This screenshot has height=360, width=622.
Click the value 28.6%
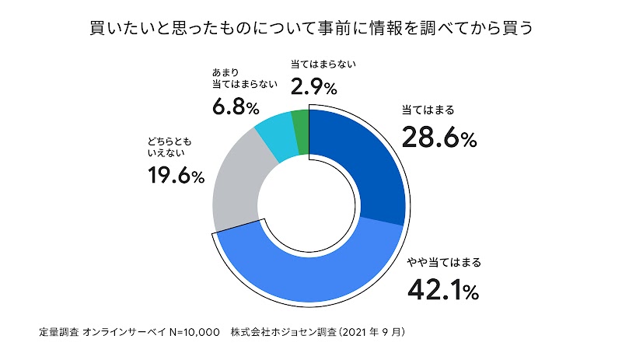(439, 138)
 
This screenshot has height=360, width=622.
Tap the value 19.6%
(176, 177)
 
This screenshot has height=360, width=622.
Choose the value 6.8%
(235, 106)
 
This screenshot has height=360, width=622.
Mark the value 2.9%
(313, 84)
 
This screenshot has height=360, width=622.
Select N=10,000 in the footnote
(188, 332)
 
